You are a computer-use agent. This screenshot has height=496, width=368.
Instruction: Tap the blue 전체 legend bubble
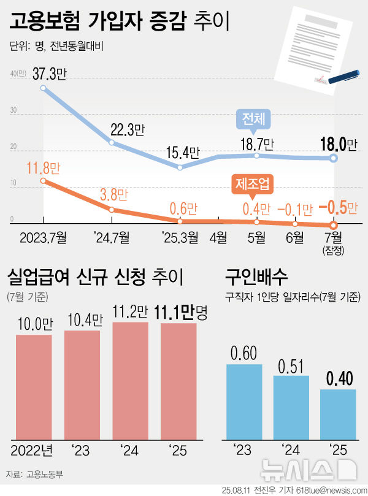(x=253, y=118)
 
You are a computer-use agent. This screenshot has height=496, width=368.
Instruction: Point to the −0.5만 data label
(x=337, y=208)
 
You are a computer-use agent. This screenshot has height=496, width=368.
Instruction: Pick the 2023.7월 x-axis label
(x=42, y=236)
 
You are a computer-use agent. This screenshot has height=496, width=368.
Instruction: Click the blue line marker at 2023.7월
(x=43, y=88)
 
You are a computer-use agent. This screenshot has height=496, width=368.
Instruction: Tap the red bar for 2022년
(x=34, y=387)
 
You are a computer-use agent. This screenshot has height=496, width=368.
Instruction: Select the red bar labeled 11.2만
(x=130, y=380)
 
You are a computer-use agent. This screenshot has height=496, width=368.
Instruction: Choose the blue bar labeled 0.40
(x=337, y=414)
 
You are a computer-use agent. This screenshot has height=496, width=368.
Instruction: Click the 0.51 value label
(x=291, y=366)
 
